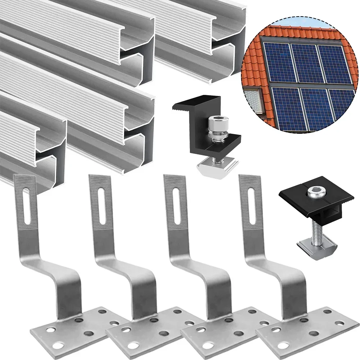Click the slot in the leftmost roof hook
point(27,207)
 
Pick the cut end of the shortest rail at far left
point(50,151)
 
